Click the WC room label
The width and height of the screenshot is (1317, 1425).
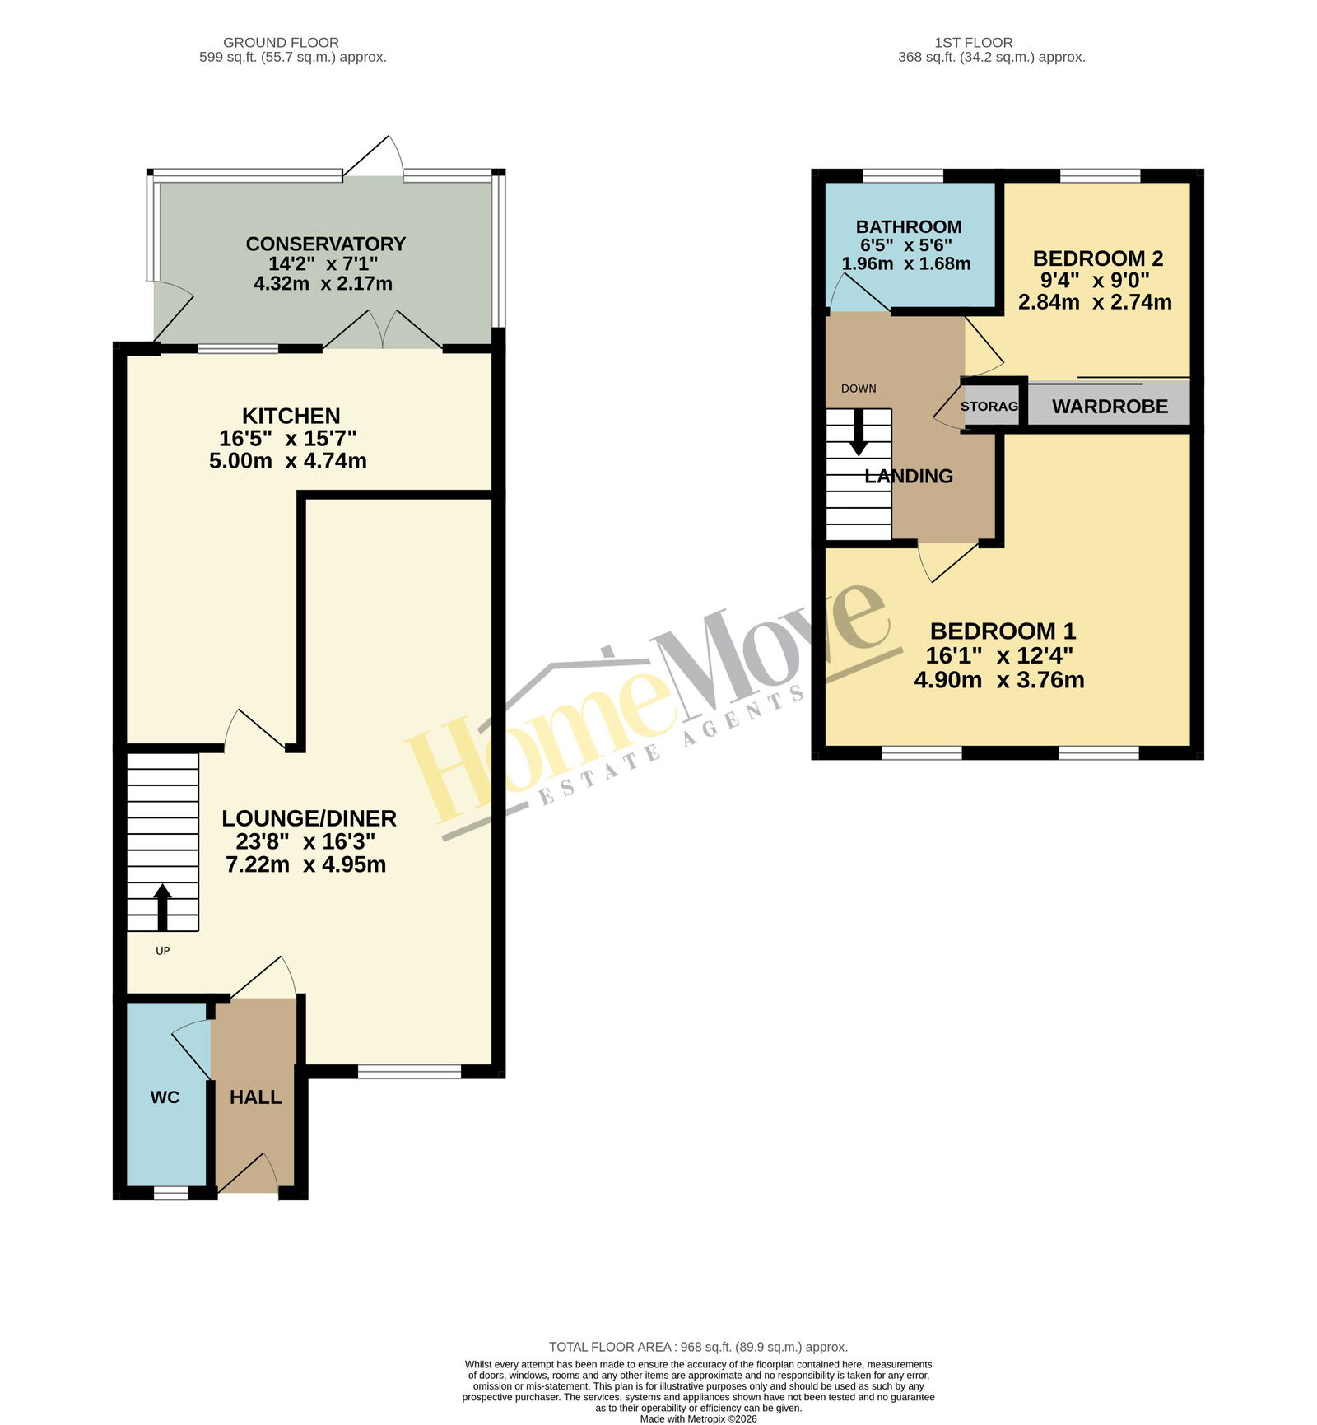[x=165, y=1097]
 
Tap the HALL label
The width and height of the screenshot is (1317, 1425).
[x=255, y=1097]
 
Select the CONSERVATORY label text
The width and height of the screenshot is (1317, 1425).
[x=326, y=244]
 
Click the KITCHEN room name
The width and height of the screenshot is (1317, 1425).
[x=291, y=416]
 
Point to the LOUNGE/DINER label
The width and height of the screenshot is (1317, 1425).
[x=309, y=818]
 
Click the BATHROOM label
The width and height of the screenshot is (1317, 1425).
[x=909, y=226]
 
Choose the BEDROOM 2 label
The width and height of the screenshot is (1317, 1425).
[x=1098, y=258]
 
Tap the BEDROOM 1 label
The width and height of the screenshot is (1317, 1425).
[x=1003, y=631]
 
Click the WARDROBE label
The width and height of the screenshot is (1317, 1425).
[x=1110, y=407]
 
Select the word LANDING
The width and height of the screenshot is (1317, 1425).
[x=909, y=476]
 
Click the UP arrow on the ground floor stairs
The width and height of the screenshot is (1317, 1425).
[x=162, y=906]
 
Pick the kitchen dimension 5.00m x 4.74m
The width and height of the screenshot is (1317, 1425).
[x=288, y=461]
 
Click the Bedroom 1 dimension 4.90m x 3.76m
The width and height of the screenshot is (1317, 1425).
[x=999, y=680]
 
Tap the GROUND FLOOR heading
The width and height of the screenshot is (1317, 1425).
[x=281, y=43]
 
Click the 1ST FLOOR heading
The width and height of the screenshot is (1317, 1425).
[x=974, y=43]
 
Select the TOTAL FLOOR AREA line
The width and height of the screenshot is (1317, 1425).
[x=698, y=1348]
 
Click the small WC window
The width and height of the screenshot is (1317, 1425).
[x=171, y=1192]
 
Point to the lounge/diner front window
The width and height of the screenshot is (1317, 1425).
[x=409, y=1071]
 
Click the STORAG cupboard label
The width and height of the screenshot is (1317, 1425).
[x=989, y=407]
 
